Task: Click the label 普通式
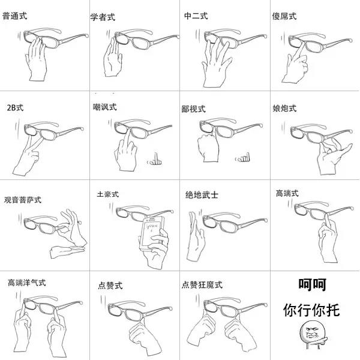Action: tap(14, 16)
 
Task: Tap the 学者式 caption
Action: tap(103, 17)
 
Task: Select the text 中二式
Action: tap(196, 16)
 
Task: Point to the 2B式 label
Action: tap(15, 107)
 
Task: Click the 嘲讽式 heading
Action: tap(104, 107)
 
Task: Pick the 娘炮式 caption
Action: tap(284, 109)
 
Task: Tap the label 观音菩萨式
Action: tap(23, 200)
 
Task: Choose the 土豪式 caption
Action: tap(107, 194)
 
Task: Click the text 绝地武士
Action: tap(202, 195)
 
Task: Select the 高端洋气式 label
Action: tap(27, 283)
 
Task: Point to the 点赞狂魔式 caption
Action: tap(202, 285)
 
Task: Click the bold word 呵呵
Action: tap(312, 284)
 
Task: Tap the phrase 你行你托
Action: tap(311, 310)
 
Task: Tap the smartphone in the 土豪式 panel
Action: tap(152, 233)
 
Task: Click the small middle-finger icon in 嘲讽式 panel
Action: tap(155, 160)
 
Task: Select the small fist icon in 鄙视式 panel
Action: tap(242, 157)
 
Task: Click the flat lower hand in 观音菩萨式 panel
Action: tap(67, 251)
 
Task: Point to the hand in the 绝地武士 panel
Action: tap(196, 236)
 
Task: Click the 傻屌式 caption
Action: tap(284, 16)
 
